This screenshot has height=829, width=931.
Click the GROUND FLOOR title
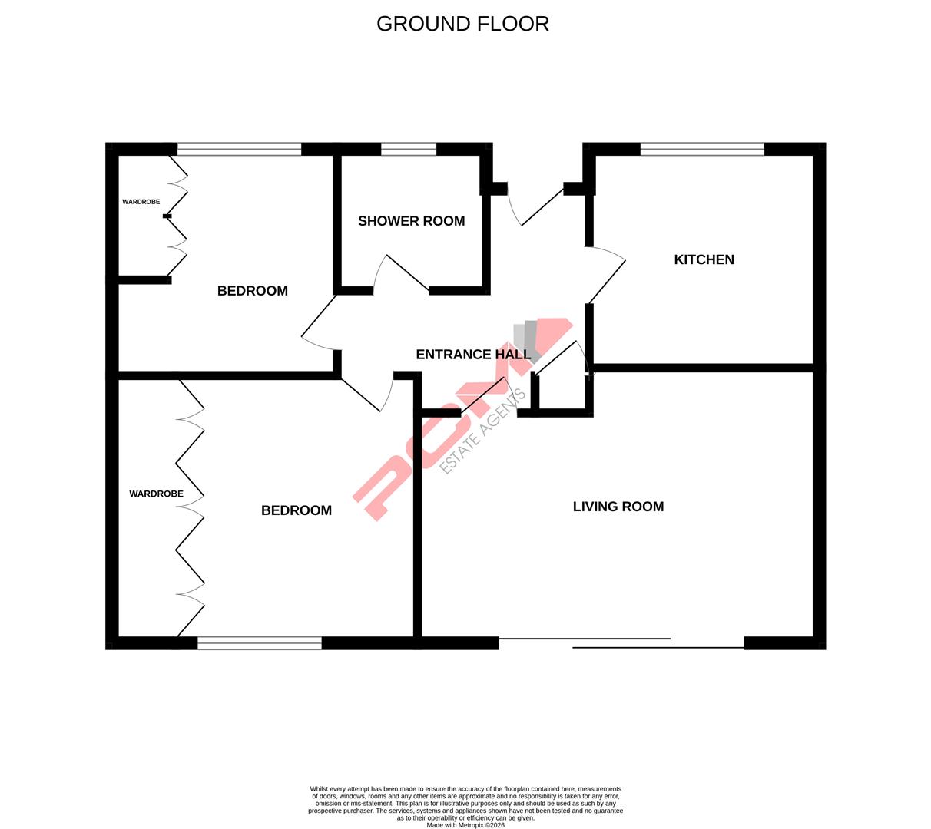(462, 24)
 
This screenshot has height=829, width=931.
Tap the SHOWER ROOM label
(411, 221)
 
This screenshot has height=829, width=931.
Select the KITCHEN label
(704, 259)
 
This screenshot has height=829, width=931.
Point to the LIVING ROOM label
(618, 507)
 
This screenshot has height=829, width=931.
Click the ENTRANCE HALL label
(472, 355)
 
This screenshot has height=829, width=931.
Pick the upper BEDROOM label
(252, 291)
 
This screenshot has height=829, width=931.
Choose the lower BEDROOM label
(296, 510)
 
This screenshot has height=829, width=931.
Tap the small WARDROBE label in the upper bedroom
(141, 202)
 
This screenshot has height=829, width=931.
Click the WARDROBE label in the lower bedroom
(156, 494)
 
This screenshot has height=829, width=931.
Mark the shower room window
(408, 150)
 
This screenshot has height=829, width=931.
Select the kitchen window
(701, 150)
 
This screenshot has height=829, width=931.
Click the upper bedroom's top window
(239, 150)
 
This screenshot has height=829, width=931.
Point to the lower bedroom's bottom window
(259, 643)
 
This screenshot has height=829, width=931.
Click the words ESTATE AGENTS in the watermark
(483, 431)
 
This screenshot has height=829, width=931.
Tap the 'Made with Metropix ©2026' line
(466, 825)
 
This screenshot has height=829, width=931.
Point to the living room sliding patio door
(621, 643)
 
